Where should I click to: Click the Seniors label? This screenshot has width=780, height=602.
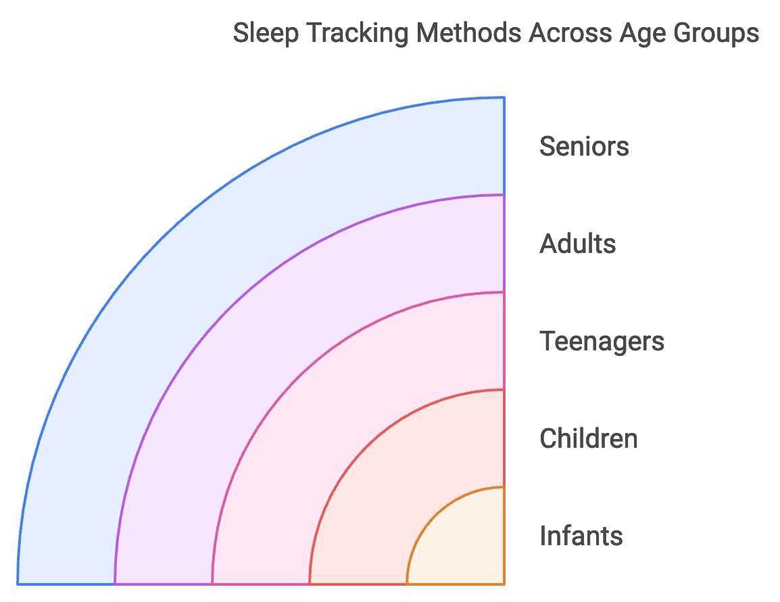tap(584, 146)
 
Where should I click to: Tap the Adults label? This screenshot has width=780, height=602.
tap(577, 244)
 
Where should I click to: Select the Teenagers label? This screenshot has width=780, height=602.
tap(602, 341)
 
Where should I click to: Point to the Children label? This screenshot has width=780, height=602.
tap(588, 438)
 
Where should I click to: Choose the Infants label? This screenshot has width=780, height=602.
tap(581, 536)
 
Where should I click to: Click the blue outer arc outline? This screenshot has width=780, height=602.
tap(160, 239)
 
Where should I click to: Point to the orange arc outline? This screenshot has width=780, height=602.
tap(435, 515)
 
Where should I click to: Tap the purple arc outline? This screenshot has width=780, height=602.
tap(228, 308)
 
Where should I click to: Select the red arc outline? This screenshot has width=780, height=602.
tap(366, 446)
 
